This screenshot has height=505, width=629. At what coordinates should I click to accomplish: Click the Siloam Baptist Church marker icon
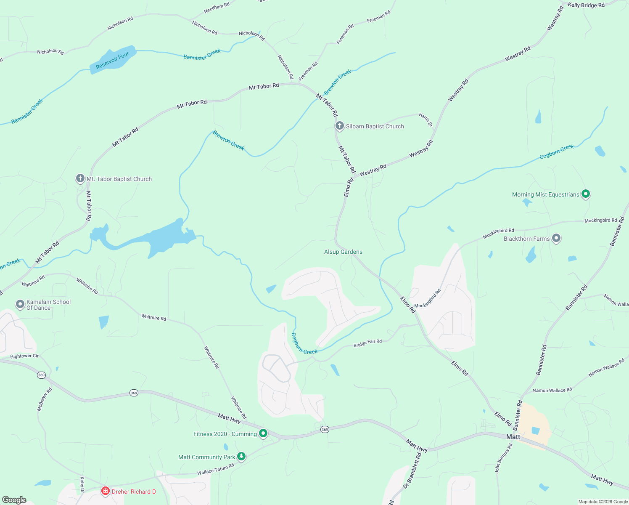click(340, 126)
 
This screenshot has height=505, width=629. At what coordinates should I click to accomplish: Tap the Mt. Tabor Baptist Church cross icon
click(80, 178)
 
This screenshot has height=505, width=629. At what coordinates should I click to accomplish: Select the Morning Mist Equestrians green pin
click(586, 194)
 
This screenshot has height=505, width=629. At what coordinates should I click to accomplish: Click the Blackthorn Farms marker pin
click(556, 239)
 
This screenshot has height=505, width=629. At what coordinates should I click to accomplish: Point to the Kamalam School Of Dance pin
click(20, 304)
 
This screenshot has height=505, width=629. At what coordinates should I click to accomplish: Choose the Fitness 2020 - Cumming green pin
click(263, 433)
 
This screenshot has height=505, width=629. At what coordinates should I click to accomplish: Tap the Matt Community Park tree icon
click(241, 456)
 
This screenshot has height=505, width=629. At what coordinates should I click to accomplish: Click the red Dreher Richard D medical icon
click(105, 491)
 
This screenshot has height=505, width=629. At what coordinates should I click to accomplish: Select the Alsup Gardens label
click(343, 252)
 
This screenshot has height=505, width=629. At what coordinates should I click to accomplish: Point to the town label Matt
click(513, 437)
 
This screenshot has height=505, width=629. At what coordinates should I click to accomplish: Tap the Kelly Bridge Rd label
click(586, 5)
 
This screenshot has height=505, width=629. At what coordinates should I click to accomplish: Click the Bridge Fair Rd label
click(367, 343)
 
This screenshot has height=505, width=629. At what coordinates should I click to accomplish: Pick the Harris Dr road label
click(425, 120)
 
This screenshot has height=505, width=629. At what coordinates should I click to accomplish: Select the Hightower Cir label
click(24, 356)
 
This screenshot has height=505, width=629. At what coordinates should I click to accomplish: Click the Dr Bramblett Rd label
click(412, 471)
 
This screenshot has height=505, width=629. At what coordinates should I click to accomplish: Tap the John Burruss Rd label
click(504, 458)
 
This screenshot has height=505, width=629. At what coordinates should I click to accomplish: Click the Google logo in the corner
click(14, 500)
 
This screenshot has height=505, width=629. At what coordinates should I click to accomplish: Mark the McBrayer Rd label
click(45, 399)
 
